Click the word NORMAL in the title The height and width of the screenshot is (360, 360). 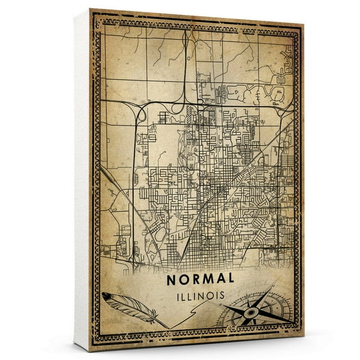pyautogui.click(x=201, y=278)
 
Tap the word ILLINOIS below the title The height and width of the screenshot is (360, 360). pyautogui.click(x=201, y=293)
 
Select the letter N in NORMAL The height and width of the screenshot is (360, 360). pyautogui.click(x=172, y=278)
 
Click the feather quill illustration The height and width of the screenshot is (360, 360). pyautogui.click(x=129, y=307)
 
